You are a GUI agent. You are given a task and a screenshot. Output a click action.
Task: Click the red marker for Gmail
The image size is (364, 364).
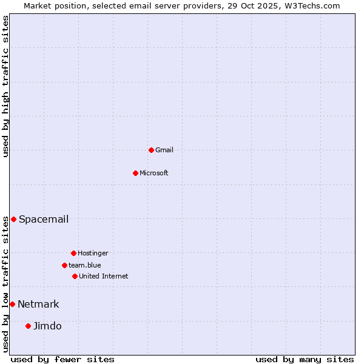(151, 150)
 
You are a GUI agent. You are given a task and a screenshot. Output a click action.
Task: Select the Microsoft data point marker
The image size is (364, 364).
(135, 173)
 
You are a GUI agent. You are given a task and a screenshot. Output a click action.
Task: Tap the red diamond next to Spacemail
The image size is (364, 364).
(13, 219)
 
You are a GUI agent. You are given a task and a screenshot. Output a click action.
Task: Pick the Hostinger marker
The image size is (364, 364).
(73, 253)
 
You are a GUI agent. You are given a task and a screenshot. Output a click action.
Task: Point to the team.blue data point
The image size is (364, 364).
(64, 265)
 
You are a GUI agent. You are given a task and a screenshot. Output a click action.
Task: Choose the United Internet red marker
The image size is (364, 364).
(75, 276)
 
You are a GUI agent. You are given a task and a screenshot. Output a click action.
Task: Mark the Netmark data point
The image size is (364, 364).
(12, 304)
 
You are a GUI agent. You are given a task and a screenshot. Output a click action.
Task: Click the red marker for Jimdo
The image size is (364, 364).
(28, 326)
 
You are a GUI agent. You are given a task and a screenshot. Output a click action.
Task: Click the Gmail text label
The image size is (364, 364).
(164, 150)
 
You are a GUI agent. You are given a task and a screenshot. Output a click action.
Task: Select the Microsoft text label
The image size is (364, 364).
(154, 173)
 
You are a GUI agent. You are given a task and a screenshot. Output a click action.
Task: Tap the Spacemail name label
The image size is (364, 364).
(44, 219)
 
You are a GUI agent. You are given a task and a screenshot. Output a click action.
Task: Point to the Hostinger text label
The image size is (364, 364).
(93, 253)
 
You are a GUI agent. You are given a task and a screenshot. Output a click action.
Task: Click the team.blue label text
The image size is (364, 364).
(85, 265)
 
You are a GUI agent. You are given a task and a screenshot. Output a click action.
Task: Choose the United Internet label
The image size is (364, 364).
(104, 276)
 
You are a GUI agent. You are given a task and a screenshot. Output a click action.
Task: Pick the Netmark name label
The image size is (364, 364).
(38, 304)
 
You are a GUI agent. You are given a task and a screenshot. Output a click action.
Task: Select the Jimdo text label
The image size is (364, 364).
(47, 326)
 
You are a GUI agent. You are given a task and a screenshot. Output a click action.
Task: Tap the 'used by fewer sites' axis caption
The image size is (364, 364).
(62, 359)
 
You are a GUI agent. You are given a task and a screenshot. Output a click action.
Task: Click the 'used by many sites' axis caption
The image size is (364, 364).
(305, 359)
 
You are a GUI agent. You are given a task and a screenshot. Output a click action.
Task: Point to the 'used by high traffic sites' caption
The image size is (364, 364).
(6, 86)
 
